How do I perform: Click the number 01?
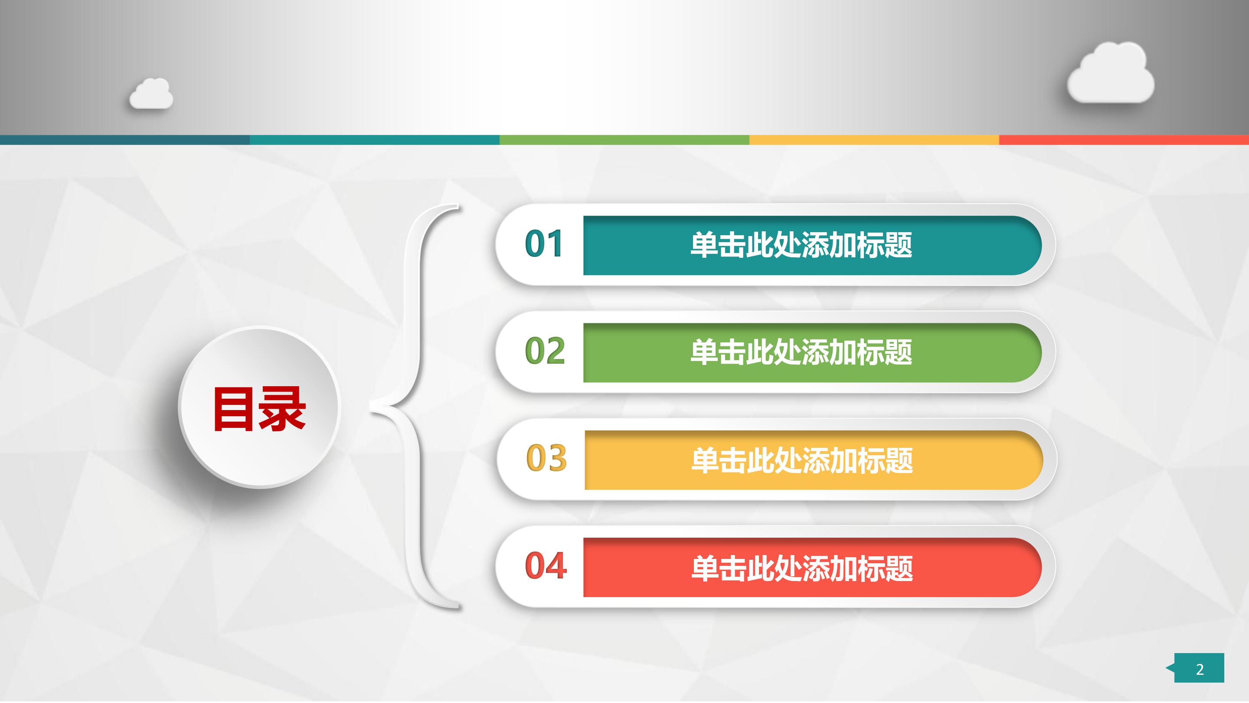pos(543,243)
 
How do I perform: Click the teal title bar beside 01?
pos(801,245)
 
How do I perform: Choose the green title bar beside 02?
pos(801,353)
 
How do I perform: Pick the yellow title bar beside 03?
pos(802,460)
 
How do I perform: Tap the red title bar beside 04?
pos(802,568)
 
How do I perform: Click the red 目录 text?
pos(259,409)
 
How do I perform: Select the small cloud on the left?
pos(151,95)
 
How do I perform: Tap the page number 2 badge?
pos(1199,668)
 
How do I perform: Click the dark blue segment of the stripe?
pos(124,140)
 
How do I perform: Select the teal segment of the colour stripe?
pos(374,140)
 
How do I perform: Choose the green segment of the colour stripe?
pos(624,140)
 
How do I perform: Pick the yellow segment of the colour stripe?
pos(874,140)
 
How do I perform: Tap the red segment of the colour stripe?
pos(1124,140)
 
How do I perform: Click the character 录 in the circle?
pos(283,409)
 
